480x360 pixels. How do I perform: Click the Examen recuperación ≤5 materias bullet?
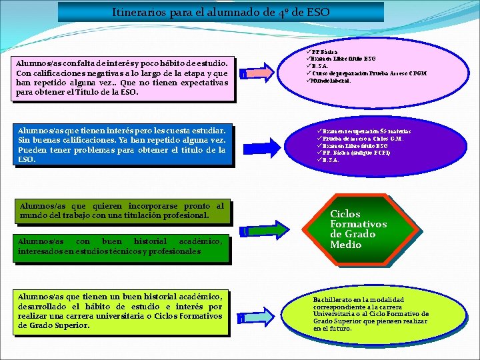pos(363,131)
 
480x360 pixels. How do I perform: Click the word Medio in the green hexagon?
pos(345,244)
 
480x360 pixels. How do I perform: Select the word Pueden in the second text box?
pos(32,150)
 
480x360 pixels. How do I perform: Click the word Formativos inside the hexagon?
pos(359,224)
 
